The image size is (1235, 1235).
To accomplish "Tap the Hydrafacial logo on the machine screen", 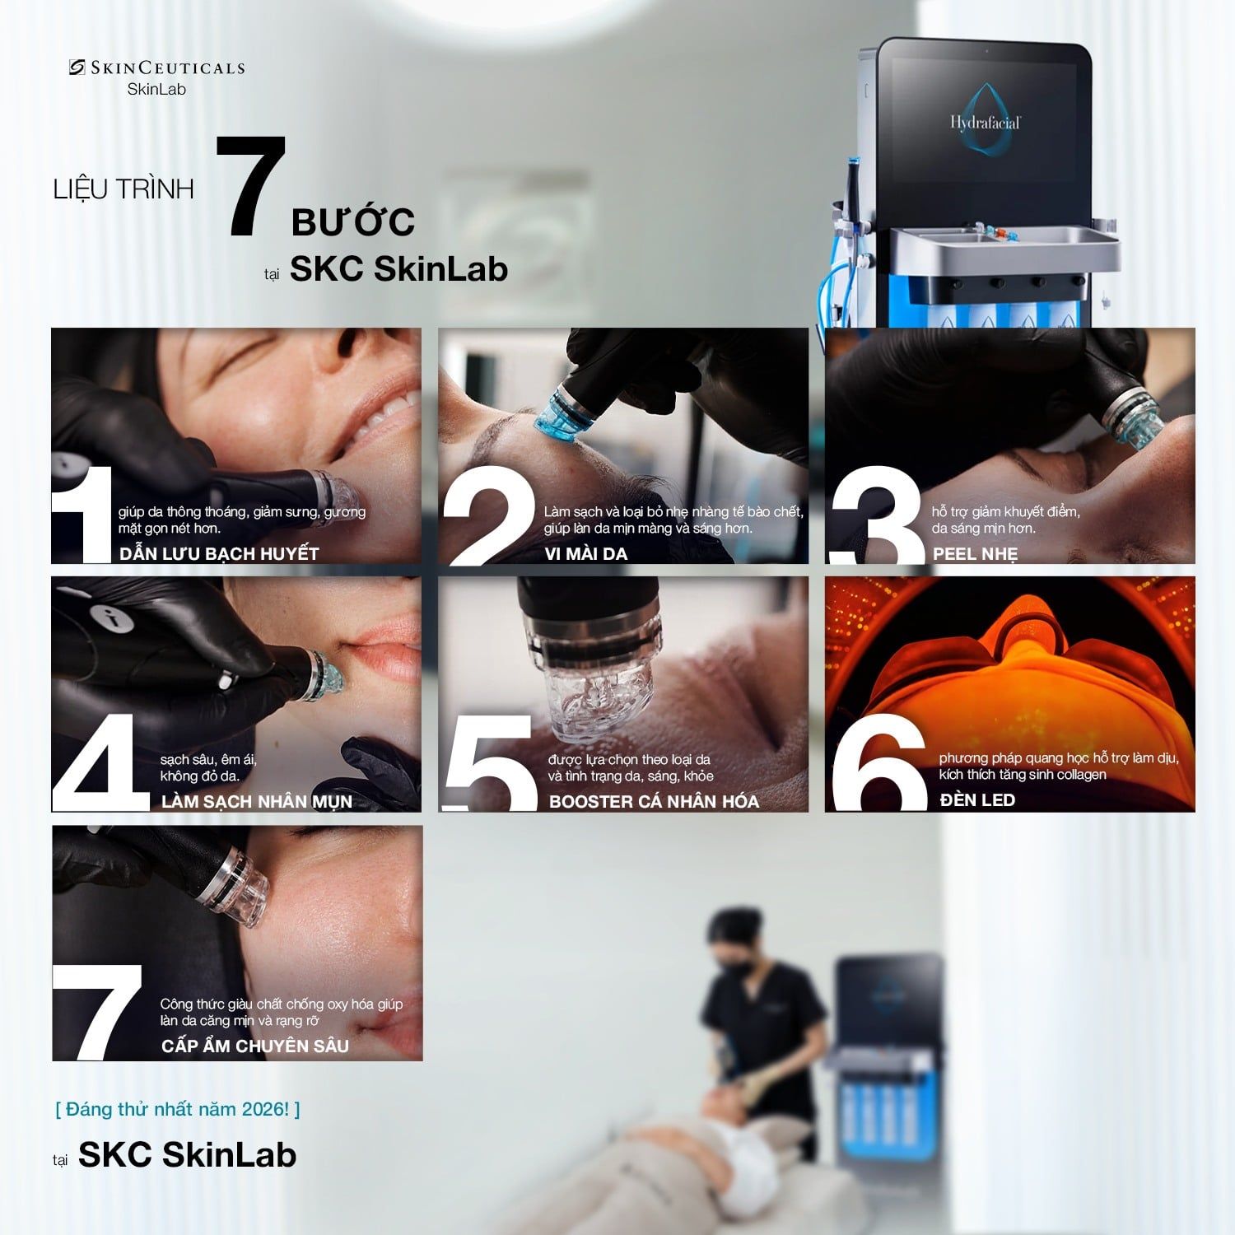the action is pos(985,122).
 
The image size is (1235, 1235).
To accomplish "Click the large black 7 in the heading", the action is pos(252,187).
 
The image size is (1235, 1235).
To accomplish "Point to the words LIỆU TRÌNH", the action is pos(123,189).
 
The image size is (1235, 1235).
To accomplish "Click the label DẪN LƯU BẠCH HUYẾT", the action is pos(219,553).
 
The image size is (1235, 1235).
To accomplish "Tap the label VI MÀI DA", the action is pos(586,553).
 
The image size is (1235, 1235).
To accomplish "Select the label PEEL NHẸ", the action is pos(975,553).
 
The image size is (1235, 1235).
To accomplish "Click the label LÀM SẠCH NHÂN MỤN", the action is pos(257,801).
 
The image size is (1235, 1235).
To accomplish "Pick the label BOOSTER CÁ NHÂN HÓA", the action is pos(654,801).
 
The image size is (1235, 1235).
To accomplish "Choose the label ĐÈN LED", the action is pos(977,799).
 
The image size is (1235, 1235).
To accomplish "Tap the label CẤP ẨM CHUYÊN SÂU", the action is pos(255,1046).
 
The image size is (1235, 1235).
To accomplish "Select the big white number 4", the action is pos(100,762).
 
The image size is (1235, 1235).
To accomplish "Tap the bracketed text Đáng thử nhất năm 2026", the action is pos(178,1109).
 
